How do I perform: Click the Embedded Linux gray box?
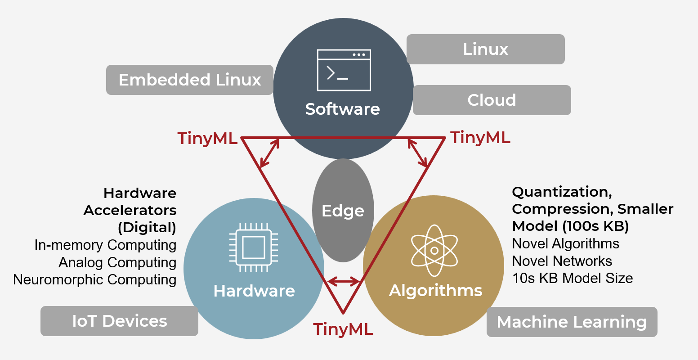point(189,80)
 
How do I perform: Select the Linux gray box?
point(485,49)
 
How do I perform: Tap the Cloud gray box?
point(492,100)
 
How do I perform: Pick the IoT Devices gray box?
point(119,321)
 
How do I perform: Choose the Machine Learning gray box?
point(572,322)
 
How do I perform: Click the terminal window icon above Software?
point(344,70)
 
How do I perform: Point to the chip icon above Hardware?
point(253,247)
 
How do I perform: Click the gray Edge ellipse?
point(343,210)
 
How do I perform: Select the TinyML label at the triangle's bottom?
point(343,329)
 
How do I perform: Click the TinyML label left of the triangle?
point(207,138)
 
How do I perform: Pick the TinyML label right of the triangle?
point(480,137)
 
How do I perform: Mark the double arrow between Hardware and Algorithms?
point(344,282)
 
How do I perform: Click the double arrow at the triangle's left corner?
point(270,153)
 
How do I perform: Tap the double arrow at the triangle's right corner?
point(417,153)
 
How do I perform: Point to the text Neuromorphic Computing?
point(95,279)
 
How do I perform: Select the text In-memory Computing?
point(105,245)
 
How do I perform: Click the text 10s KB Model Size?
point(572,278)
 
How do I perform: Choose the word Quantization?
point(561,192)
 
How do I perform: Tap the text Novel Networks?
point(562,261)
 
